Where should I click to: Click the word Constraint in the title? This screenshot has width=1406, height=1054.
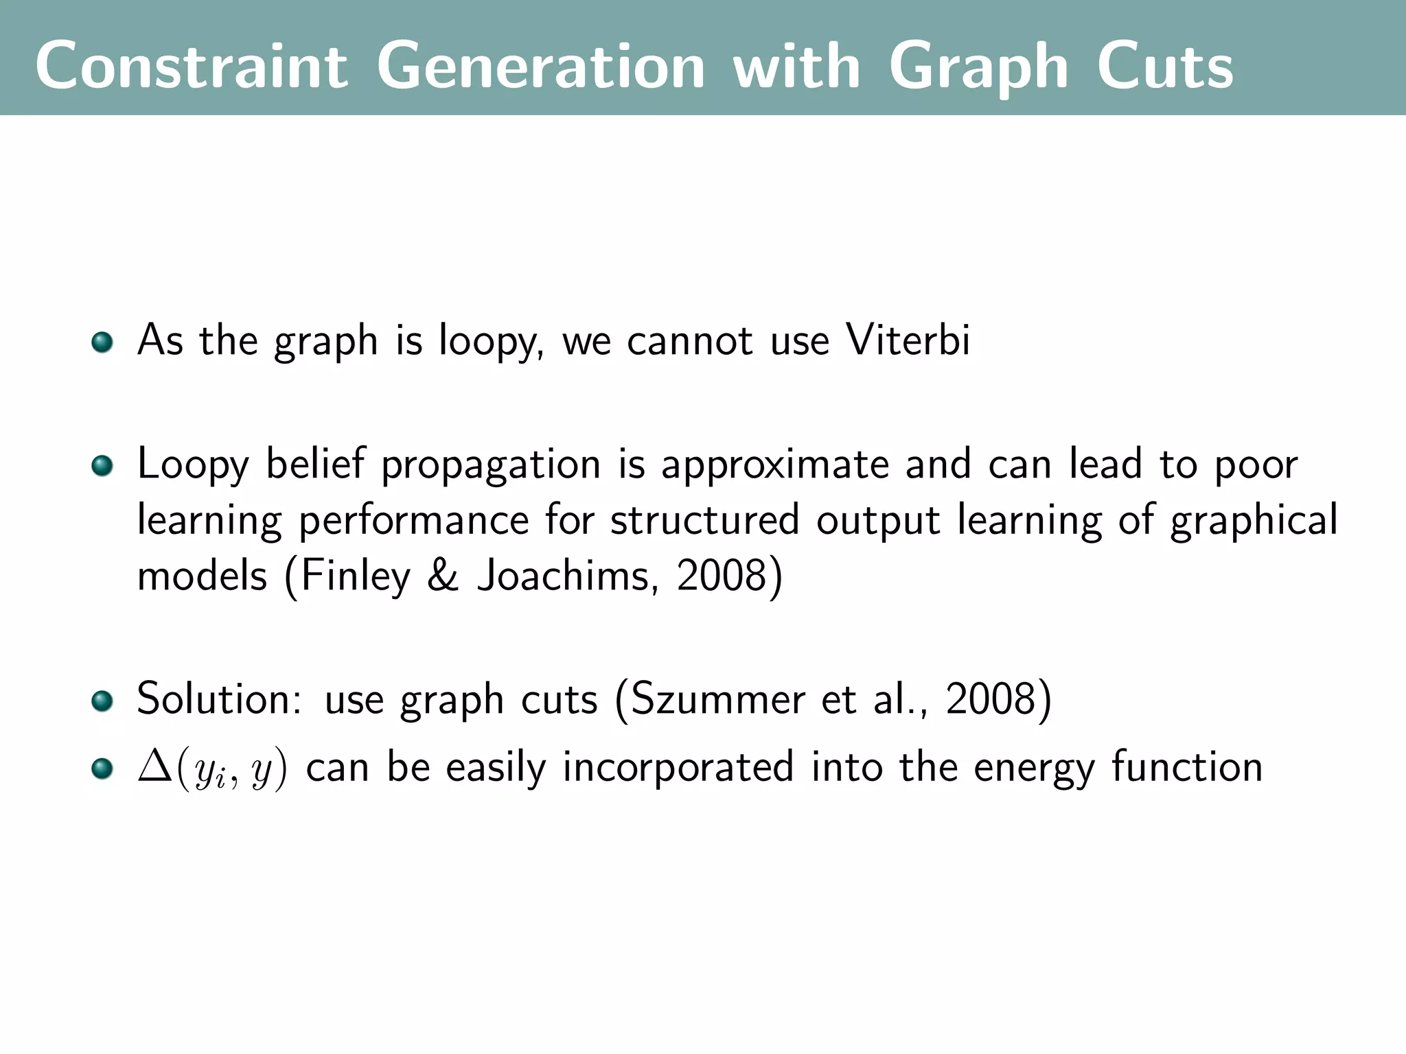point(192,66)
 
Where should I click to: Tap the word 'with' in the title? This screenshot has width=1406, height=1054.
point(796,66)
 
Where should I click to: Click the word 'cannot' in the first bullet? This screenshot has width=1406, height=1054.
point(689,340)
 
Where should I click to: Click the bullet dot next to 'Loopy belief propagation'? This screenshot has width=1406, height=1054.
point(102,466)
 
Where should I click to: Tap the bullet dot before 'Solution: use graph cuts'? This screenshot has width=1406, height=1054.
point(102,701)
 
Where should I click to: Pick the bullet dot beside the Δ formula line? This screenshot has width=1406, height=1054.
point(102,768)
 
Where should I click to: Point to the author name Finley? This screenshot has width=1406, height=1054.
point(355,576)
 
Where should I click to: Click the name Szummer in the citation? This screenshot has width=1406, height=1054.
point(717,700)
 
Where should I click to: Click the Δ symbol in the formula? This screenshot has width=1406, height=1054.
point(154,766)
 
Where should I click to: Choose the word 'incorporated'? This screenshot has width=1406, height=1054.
point(678,767)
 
